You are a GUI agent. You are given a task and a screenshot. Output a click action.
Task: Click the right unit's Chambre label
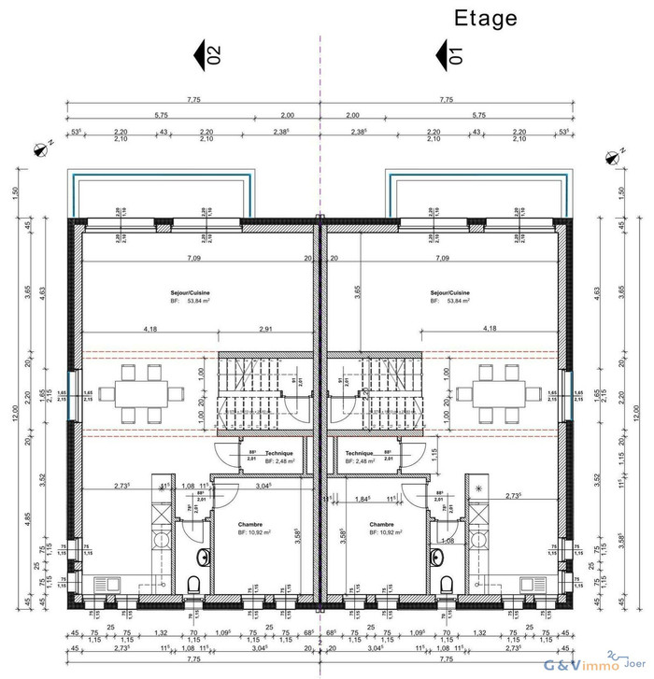381,524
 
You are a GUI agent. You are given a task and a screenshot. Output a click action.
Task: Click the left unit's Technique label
278,453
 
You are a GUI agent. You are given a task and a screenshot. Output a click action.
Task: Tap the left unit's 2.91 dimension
267,330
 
